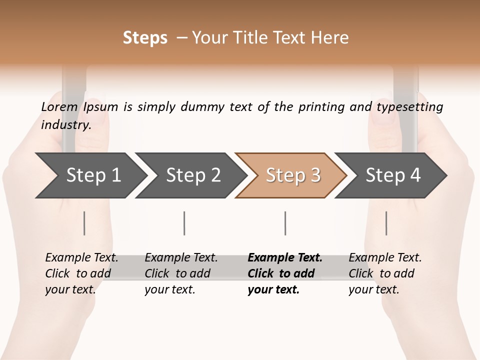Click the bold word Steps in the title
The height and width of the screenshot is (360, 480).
[145, 38]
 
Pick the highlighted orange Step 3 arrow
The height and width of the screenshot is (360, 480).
[293, 175]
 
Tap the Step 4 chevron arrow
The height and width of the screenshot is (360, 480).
[393, 175]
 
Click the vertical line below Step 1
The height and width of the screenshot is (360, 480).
[84, 223]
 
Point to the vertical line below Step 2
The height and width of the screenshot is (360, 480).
[184, 223]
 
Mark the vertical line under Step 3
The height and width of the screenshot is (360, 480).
[285, 223]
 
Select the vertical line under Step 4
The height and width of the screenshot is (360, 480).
[386, 223]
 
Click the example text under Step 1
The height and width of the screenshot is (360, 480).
[81, 273]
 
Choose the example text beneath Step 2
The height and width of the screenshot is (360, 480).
[181, 273]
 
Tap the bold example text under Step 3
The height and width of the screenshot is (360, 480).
[285, 273]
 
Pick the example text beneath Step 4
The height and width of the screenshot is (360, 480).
[385, 273]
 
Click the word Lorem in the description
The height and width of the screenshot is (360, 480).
[59, 107]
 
